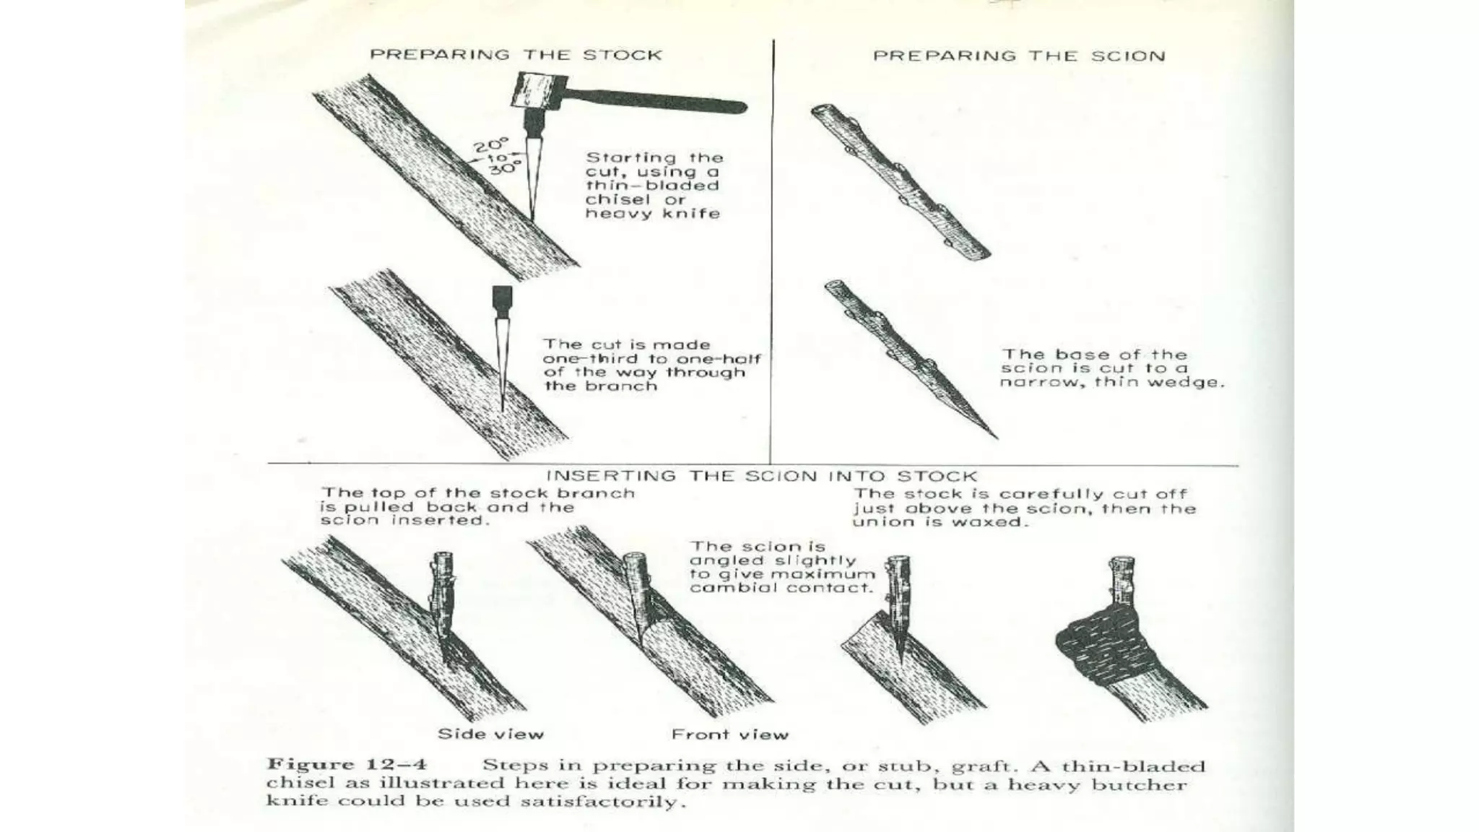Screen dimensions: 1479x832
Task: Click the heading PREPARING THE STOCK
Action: [x=516, y=55]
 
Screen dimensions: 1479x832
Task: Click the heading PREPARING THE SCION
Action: [x=1019, y=56]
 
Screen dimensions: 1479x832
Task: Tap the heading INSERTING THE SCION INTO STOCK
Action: [x=761, y=476]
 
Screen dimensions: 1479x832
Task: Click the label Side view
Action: [x=490, y=734]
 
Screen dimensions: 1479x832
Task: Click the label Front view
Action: [x=729, y=735]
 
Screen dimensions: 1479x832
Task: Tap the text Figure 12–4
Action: [x=347, y=765]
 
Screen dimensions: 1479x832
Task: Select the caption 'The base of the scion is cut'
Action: [x=1111, y=368]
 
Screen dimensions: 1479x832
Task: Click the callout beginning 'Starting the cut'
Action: [x=654, y=185]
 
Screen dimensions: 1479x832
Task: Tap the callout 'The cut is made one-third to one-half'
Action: [x=651, y=365]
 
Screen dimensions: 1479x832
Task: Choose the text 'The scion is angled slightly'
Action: [x=782, y=567]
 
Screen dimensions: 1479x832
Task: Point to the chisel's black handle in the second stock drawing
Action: [x=502, y=297]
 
